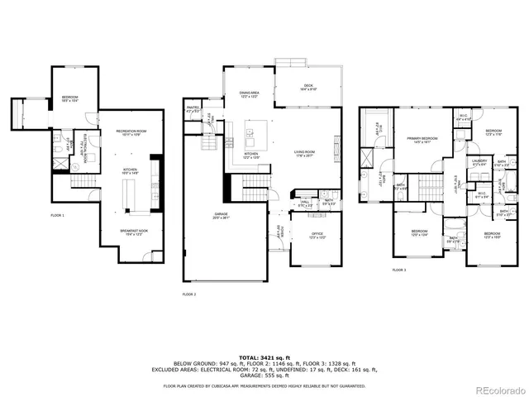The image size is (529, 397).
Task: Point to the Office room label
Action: click(x=316, y=235)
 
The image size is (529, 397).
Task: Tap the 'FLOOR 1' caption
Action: click(x=57, y=215)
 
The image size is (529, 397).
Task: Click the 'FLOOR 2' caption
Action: click(x=189, y=294)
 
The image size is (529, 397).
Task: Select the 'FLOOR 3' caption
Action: click(x=399, y=270)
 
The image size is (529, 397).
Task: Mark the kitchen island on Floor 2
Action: click(x=256, y=132)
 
